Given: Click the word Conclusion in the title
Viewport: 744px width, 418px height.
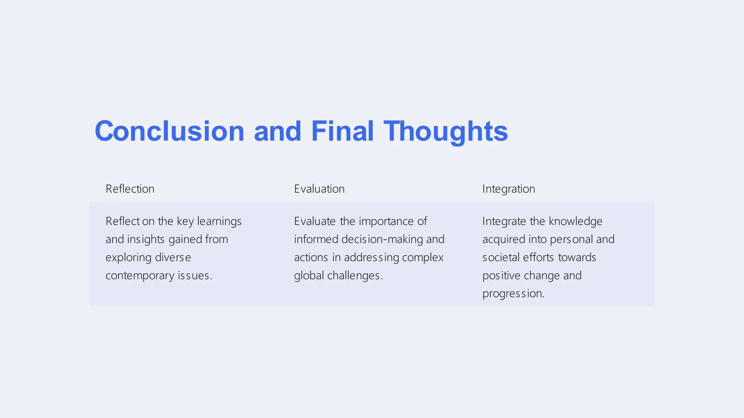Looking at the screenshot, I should point(169,131).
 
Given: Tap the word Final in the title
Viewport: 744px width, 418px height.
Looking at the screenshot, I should point(342,131).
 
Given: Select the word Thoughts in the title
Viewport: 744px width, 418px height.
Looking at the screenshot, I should point(446,132).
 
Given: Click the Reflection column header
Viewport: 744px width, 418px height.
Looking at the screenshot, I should point(130,189).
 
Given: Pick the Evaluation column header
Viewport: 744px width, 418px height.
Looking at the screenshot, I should point(319,189).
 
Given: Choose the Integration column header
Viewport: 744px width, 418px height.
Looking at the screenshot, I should point(509,189).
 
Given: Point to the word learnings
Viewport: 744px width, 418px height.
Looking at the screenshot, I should point(219,221).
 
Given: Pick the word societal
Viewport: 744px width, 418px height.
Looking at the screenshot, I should point(501,258).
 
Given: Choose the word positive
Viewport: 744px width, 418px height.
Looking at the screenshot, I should point(501,276).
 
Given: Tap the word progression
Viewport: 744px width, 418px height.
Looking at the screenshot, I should point(513,294).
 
